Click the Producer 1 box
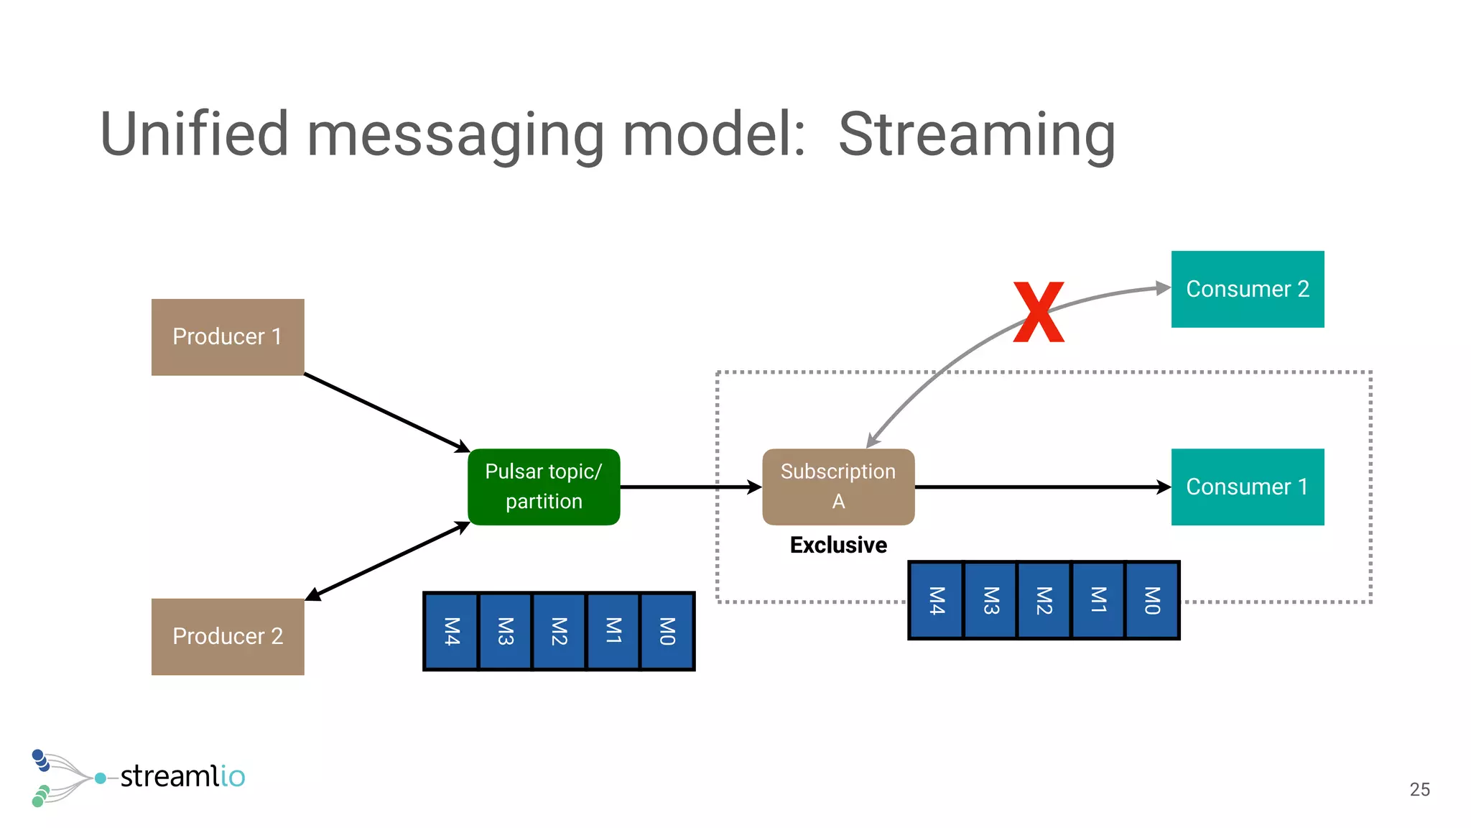(x=228, y=337)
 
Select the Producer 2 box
(x=228, y=637)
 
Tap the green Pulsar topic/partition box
(x=544, y=487)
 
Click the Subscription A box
(x=838, y=487)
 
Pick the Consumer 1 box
(x=1248, y=487)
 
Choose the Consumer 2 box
(x=1248, y=289)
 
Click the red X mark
(x=1039, y=312)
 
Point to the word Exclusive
(x=838, y=545)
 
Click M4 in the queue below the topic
(x=451, y=631)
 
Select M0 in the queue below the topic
(x=667, y=631)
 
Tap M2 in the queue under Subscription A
(x=1044, y=600)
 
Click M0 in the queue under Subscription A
(x=1152, y=600)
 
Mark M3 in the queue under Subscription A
(x=990, y=600)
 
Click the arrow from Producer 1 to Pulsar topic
(x=386, y=412)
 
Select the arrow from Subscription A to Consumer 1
(x=1041, y=487)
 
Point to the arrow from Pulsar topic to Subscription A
(x=690, y=487)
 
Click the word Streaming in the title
(x=977, y=134)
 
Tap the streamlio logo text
(x=182, y=776)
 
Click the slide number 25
(x=1419, y=789)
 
